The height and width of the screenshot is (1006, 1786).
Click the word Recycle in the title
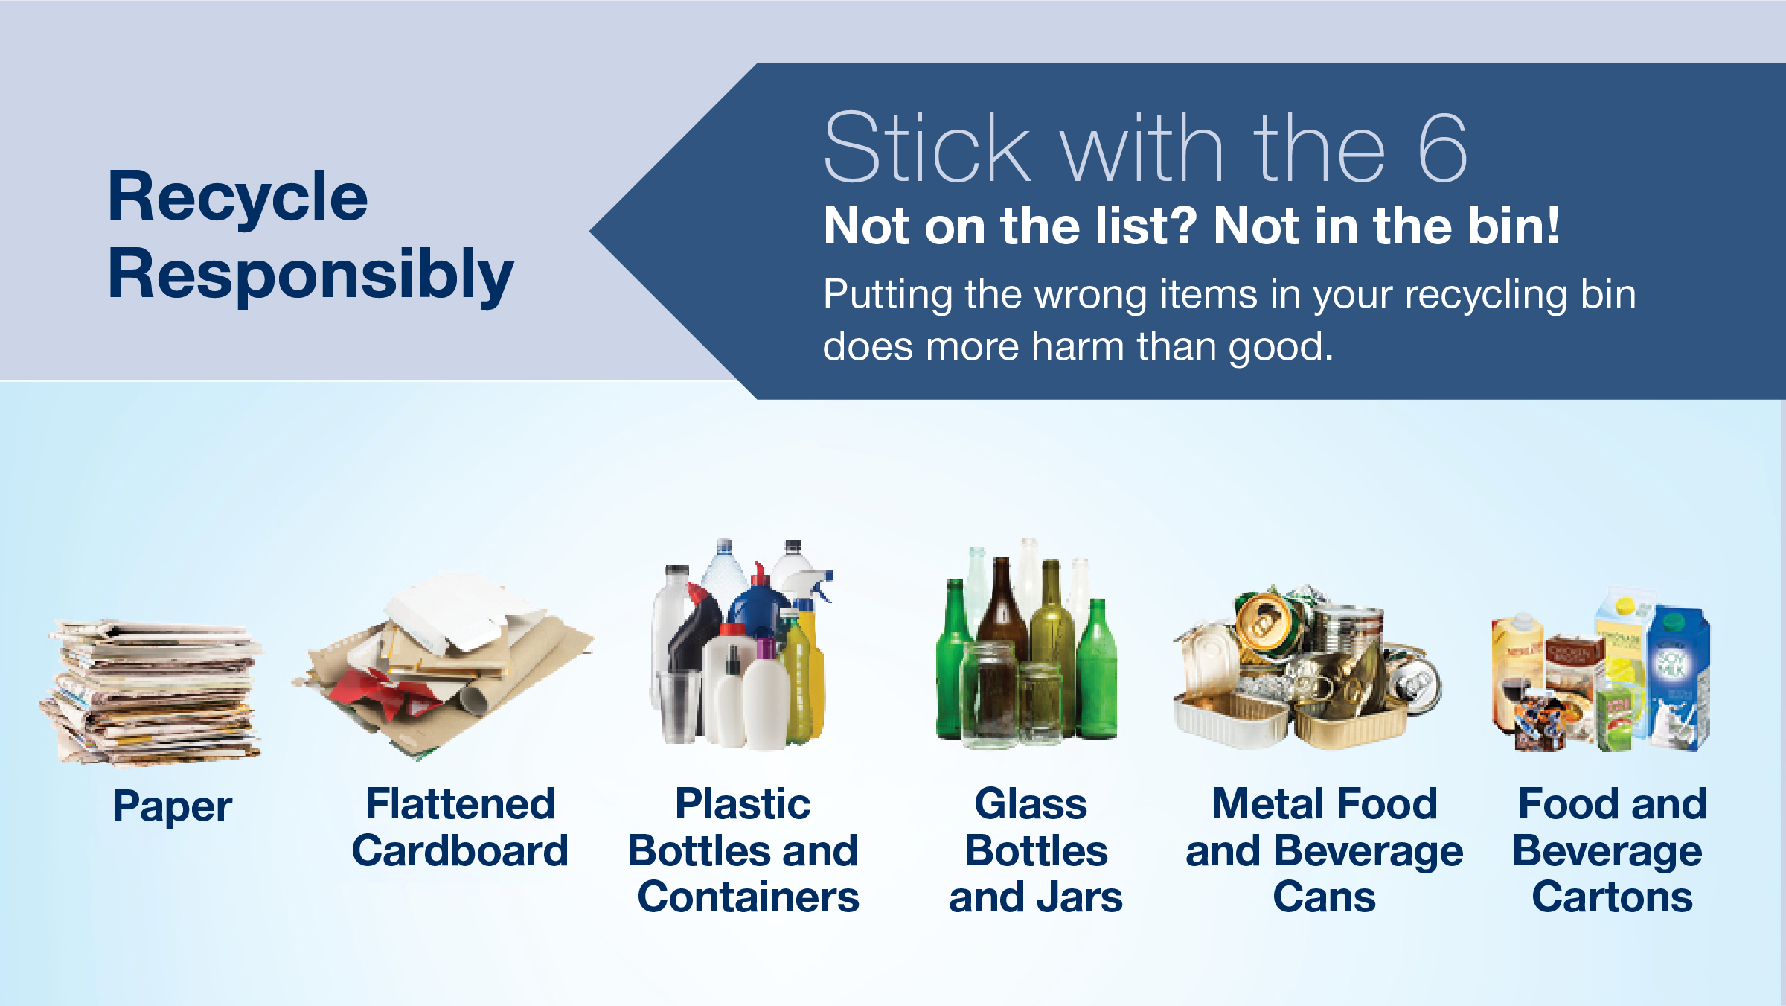point(237,197)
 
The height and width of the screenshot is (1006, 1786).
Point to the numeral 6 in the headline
point(1442,148)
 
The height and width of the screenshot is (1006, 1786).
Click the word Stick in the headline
point(927,147)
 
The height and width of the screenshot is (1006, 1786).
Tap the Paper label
point(173,807)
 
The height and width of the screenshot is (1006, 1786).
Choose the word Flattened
point(460,804)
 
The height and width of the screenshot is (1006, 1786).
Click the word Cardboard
point(460,850)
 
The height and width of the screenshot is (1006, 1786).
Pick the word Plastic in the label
point(743,804)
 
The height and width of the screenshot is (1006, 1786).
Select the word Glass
point(1031,804)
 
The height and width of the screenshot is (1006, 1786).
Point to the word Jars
point(1080,897)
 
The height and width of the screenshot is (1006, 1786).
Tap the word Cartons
point(1612,897)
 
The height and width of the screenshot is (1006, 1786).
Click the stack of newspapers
point(151,693)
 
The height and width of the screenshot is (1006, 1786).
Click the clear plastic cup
point(678,705)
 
